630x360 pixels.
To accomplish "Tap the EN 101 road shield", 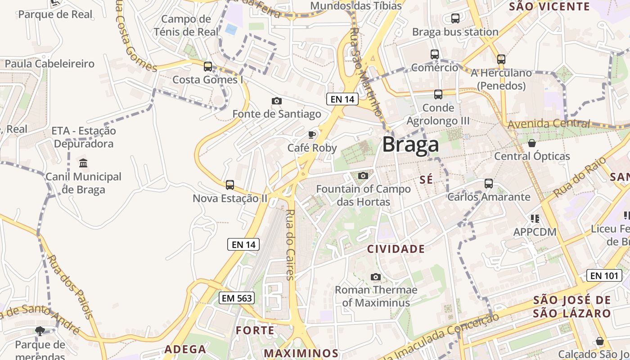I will tap(604, 275).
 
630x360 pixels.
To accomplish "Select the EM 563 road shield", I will tap(237, 298).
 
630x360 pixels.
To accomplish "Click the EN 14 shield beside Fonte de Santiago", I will tap(342, 99).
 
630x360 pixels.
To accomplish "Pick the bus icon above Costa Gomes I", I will tap(207, 67).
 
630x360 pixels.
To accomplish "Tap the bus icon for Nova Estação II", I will tap(230, 185).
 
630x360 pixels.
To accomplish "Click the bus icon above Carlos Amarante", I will tap(489, 184).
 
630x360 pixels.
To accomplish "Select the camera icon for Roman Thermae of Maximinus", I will tap(375, 277).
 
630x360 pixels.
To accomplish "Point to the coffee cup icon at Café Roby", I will tap(311, 135).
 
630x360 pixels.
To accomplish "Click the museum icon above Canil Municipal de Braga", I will tap(83, 163).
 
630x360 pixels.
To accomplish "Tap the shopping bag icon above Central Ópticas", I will tap(532, 143).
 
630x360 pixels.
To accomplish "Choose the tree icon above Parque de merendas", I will tap(40, 331).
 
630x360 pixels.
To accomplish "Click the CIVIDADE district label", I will tap(396, 249).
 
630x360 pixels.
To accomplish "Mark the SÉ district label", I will tap(426, 180).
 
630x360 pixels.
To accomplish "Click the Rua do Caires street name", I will tap(290, 245).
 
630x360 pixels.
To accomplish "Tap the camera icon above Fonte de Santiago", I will tap(277, 101).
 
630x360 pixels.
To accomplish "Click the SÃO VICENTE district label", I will tap(549, 6).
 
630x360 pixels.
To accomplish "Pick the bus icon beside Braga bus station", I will tap(455, 18).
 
